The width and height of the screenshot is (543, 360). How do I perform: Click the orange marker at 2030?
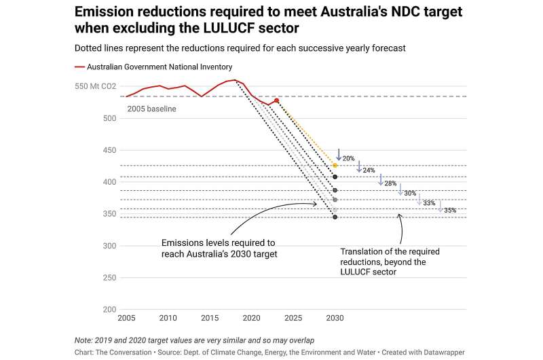(x=335, y=165)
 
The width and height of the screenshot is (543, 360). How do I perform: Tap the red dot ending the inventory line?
(x=276, y=101)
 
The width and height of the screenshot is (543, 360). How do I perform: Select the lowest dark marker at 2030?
(x=335, y=217)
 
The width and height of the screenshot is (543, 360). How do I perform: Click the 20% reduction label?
(x=349, y=158)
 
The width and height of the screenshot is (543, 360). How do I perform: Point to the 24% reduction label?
(x=369, y=170)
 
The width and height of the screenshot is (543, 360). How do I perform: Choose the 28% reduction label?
(x=390, y=183)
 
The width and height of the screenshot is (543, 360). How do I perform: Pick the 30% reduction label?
(x=410, y=194)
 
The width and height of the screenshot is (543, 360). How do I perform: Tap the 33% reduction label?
(x=429, y=203)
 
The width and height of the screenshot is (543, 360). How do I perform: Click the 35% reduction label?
(x=450, y=211)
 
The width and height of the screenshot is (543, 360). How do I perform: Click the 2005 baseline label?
(x=152, y=109)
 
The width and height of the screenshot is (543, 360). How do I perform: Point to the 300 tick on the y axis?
(x=110, y=246)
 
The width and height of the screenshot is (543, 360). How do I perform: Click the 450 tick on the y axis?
(x=110, y=150)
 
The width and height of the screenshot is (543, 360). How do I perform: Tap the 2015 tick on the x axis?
(x=210, y=318)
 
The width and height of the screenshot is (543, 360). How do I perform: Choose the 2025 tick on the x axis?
(x=293, y=318)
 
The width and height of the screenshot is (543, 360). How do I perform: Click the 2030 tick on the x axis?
(x=335, y=318)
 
